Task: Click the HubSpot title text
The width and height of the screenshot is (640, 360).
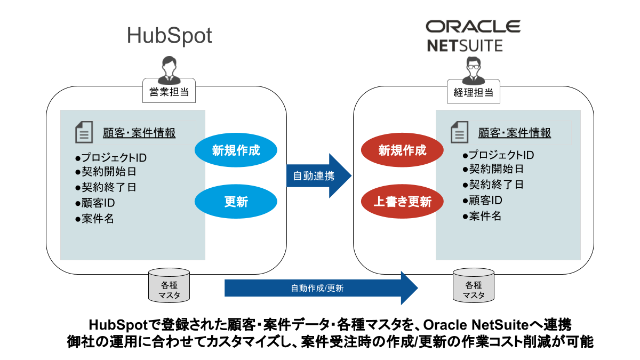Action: tap(170, 36)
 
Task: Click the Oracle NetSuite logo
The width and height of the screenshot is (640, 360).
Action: tap(473, 35)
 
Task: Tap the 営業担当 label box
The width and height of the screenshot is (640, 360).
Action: tap(169, 92)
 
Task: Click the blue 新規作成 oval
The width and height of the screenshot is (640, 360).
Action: tap(236, 150)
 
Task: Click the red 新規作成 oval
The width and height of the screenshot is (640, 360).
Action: tap(403, 150)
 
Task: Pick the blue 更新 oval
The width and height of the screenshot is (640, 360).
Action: tap(236, 202)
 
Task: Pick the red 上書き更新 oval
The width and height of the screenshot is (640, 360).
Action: tap(403, 202)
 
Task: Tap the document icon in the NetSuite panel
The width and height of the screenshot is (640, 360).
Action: tap(459, 132)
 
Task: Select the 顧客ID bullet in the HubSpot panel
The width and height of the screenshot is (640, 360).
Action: tap(95, 203)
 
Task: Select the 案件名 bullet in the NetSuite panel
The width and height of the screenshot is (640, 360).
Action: tap(482, 216)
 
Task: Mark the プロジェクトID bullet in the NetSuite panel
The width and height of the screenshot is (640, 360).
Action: tap(498, 155)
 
